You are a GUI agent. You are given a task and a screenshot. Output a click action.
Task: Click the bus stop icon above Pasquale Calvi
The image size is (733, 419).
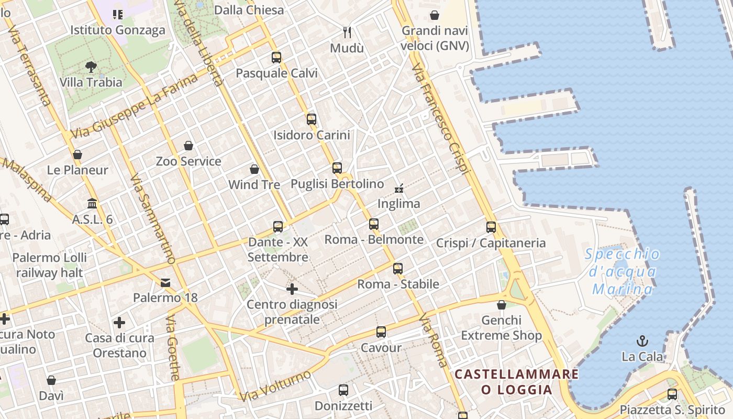(x=276, y=58)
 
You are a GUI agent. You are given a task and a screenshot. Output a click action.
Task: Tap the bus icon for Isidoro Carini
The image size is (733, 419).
(x=312, y=119)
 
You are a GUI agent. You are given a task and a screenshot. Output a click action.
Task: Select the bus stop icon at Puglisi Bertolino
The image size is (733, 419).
(x=337, y=168)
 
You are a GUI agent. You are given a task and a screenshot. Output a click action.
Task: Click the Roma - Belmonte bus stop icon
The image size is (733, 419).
(x=374, y=224)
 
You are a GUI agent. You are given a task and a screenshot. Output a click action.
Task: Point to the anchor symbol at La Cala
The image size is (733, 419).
(x=642, y=341)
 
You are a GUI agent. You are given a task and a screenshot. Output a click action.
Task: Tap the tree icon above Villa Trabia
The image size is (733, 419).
(x=91, y=67)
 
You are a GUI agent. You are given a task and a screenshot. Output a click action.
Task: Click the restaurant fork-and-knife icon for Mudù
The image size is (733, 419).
(x=347, y=32)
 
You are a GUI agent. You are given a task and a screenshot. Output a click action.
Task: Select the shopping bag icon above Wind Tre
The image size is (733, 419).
(x=254, y=169)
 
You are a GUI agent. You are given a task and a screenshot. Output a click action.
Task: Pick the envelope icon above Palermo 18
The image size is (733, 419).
(x=165, y=283)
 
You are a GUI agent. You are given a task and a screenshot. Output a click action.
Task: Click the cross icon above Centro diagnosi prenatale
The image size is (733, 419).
(x=292, y=289)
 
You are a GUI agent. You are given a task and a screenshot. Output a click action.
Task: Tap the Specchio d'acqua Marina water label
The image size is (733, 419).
(x=623, y=271)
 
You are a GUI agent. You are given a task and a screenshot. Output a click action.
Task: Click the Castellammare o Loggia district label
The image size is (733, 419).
(x=517, y=382)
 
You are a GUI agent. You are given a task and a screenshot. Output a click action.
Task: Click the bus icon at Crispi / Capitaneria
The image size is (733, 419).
(x=491, y=227)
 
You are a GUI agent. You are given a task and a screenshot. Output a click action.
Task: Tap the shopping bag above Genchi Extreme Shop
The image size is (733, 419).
(x=502, y=305)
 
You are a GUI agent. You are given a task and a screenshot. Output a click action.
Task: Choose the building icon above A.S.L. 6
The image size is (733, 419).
(x=93, y=203)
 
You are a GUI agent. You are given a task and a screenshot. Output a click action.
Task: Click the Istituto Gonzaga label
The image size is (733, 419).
(x=118, y=30)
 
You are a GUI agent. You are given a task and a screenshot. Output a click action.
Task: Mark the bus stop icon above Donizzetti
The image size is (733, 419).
(x=343, y=390)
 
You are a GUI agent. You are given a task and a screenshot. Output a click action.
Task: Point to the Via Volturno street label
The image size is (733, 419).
(x=275, y=386)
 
